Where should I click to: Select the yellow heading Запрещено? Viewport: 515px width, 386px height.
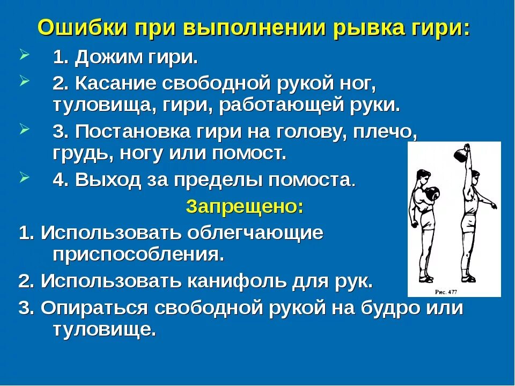244,206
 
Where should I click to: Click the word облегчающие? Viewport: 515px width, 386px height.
255,233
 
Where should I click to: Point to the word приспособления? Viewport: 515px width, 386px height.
138,254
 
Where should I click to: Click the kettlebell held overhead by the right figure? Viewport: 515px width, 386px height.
462,156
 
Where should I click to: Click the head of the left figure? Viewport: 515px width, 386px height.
422,177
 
